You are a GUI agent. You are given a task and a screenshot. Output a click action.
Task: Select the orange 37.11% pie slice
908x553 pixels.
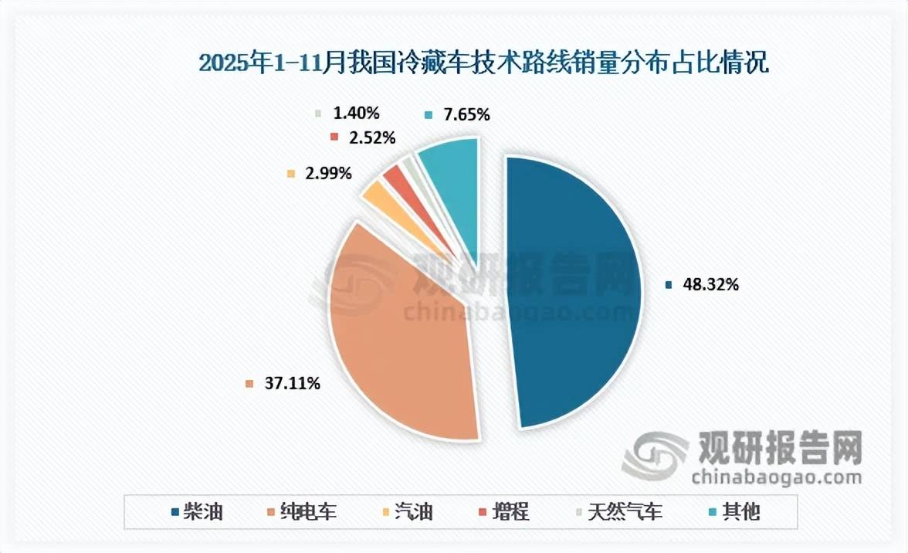(x=401, y=340)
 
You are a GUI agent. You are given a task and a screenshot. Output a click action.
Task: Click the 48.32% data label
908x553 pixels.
(x=711, y=284)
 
